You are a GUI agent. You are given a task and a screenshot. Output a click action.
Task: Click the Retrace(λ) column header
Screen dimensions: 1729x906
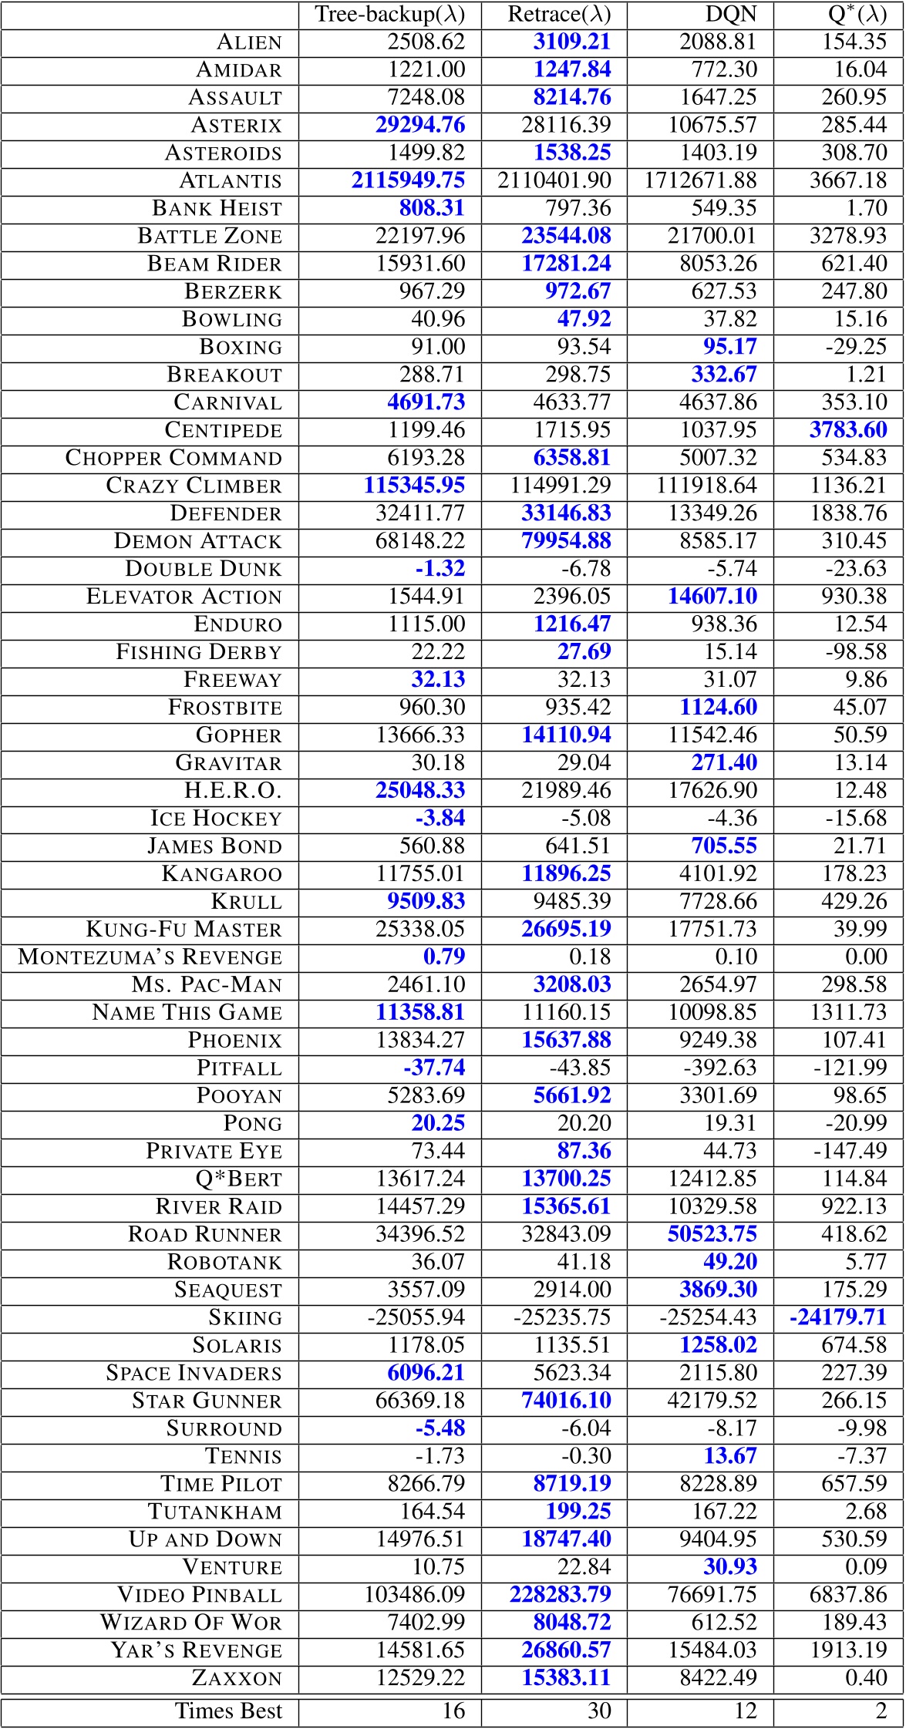coord(559,14)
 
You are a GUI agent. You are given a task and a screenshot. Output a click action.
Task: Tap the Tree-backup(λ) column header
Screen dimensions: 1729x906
coord(390,14)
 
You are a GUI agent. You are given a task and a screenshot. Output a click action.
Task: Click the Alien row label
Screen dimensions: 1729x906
coord(249,42)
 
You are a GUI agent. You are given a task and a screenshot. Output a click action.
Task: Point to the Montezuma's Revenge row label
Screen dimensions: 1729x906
coord(150,957)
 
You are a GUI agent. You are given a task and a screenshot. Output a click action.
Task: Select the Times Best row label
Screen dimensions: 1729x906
coord(228,1710)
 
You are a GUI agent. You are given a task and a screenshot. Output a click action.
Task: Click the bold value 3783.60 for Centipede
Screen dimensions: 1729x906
coord(848,430)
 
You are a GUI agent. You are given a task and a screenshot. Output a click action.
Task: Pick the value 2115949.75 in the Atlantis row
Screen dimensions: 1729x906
coord(408,180)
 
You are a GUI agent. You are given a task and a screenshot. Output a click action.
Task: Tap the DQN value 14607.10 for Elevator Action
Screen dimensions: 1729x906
coord(712,597)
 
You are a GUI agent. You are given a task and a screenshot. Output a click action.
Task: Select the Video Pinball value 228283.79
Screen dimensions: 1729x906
coord(560,1595)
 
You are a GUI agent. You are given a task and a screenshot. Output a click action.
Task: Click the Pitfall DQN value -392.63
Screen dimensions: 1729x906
coord(720,1068)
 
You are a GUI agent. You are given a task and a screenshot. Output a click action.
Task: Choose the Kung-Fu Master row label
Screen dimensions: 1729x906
coord(184,929)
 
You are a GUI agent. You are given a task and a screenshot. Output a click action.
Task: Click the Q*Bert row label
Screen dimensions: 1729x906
coord(239,1179)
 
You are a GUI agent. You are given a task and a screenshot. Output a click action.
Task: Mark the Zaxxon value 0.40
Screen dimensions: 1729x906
coord(866,1678)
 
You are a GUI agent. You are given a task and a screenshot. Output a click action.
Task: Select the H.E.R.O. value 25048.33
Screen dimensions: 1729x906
coord(420,791)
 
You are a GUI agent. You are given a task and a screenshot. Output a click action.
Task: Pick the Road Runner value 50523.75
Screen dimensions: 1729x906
coord(712,1234)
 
